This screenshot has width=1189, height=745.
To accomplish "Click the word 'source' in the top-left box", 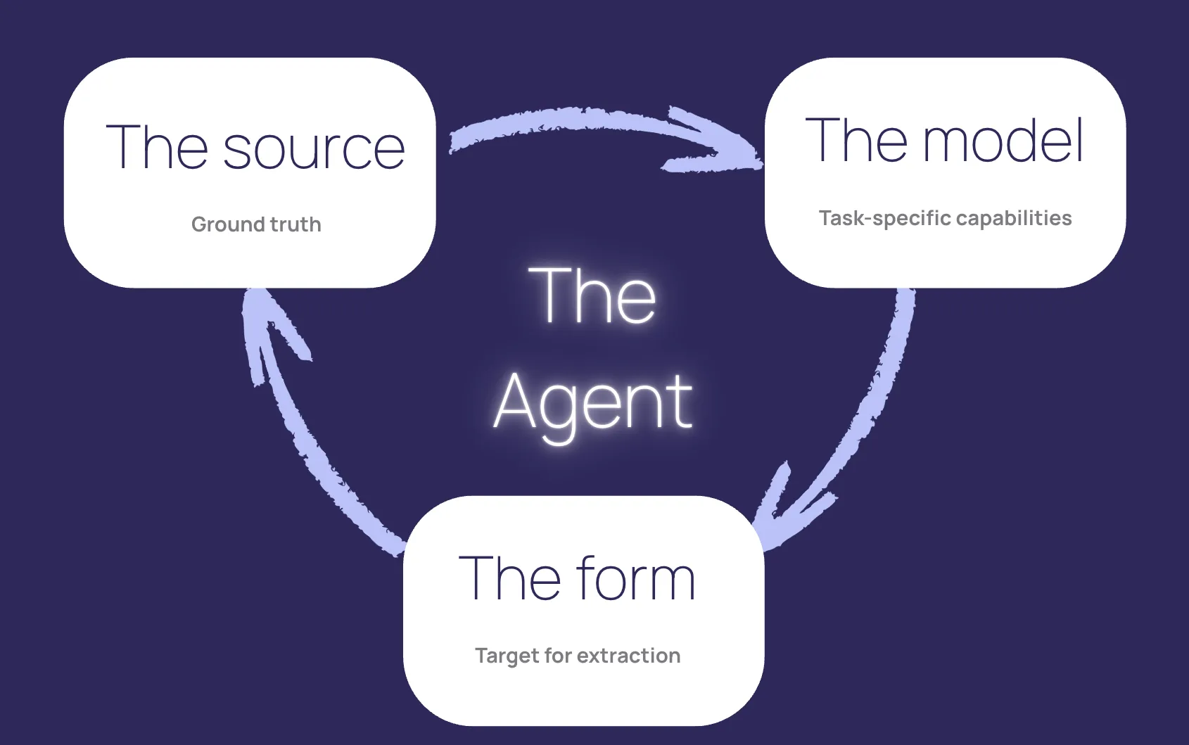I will (x=314, y=149).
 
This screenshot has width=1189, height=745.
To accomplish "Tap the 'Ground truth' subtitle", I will (x=256, y=224).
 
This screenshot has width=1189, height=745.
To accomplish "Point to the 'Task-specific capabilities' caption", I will (x=945, y=218).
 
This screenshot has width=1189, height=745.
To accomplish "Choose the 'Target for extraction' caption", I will (x=578, y=656).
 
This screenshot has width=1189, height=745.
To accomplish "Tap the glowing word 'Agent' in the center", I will (x=593, y=403).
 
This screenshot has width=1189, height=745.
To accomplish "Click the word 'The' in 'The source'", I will (x=156, y=148).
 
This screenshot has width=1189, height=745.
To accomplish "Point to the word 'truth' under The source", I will (x=295, y=224).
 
